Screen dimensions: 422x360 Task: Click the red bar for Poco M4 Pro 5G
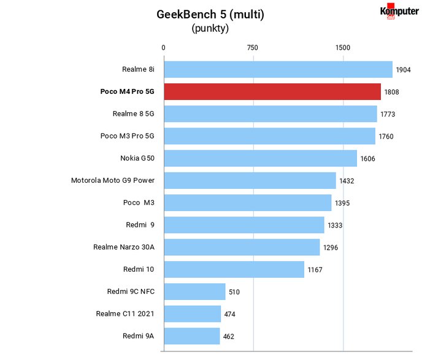pos(272,91)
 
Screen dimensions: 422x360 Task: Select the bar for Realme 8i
pos(278,69)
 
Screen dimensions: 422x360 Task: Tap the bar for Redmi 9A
pos(192,336)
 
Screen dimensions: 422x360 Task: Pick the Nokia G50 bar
pos(261,158)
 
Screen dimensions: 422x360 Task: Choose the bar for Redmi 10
pos(234,269)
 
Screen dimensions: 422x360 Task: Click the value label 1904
pos(403,70)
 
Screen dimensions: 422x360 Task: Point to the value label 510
pos(234,292)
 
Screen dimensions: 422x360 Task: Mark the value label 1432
pos(347,181)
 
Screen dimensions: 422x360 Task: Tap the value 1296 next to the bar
pos(331,248)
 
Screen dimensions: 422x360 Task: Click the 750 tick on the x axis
pos(253,48)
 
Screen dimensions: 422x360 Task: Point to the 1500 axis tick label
pos(343,48)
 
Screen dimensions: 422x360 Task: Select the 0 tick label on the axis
pos(163,48)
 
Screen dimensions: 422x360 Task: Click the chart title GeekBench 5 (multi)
pos(210,14)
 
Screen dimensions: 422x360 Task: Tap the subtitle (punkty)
pos(210,28)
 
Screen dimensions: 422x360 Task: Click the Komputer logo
pos(399,11)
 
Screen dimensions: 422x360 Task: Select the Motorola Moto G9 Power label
pos(113,180)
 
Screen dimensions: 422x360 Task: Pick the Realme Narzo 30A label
pos(124,247)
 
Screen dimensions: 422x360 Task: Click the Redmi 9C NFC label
pos(131,291)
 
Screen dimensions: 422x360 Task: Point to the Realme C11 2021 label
pos(125,314)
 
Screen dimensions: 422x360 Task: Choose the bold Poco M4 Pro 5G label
pos(128,91)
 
